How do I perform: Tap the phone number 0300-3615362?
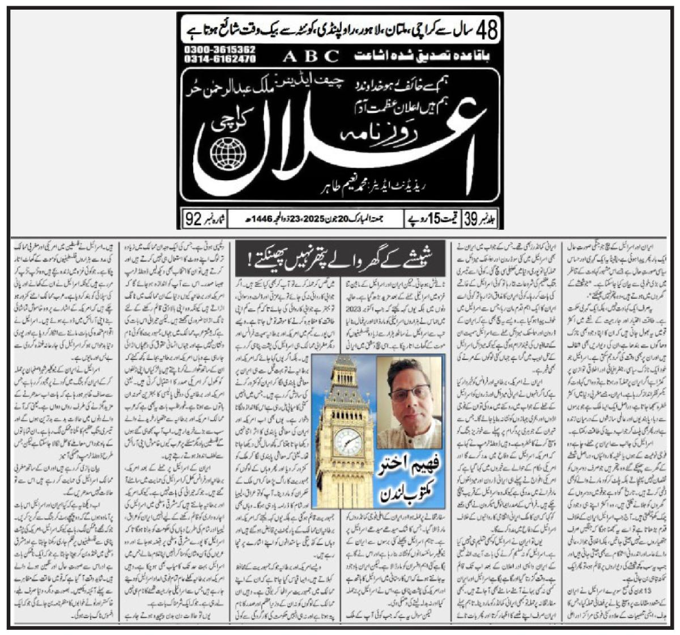coord(219,50)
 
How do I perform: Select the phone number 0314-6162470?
coord(219,59)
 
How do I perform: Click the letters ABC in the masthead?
coord(311,56)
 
